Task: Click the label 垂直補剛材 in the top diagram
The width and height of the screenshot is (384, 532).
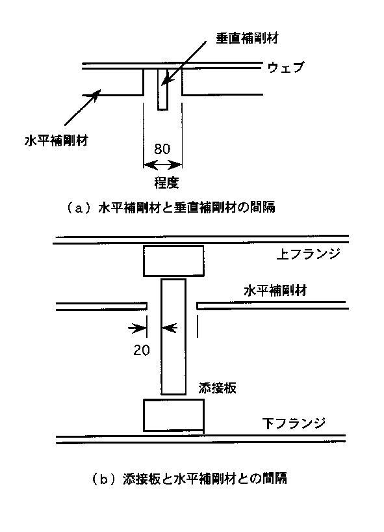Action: pyautogui.click(x=248, y=38)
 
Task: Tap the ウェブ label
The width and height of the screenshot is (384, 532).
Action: pyautogui.click(x=286, y=67)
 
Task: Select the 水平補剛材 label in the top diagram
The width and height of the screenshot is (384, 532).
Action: pyautogui.click(x=57, y=140)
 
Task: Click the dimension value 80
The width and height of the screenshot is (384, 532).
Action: pyautogui.click(x=162, y=149)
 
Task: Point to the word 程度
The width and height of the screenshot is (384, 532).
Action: pyautogui.click(x=166, y=183)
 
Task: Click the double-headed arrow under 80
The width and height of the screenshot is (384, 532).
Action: pyautogui.click(x=162, y=165)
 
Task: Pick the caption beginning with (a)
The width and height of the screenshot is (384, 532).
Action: pyautogui.click(x=170, y=207)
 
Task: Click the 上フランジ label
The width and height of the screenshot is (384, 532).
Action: pyautogui.click(x=308, y=254)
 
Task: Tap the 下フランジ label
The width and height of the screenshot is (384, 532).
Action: pyautogui.click(x=294, y=423)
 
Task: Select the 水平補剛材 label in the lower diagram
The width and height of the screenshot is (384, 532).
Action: pyautogui.click(x=275, y=291)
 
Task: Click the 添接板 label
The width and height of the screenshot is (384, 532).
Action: pyautogui.click(x=218, y=388)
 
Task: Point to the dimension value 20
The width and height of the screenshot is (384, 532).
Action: pyautogui.click(x=142, y=350)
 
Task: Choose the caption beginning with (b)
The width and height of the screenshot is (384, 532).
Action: pyautogui.click(x=190, y=479)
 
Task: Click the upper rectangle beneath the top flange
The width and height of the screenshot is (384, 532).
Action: pyautogui.click(x=173, y=261)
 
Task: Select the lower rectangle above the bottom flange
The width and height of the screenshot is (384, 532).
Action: pyautogui.click(x=174, y=415)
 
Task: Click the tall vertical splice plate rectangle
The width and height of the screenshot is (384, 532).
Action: pyautogui.click(x=173, y=337)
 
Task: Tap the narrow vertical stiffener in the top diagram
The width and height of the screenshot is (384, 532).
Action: pyautogui.click(x=162, y=90)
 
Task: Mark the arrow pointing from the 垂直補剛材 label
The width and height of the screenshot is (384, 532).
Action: pyautogui.click(x=184, y=64)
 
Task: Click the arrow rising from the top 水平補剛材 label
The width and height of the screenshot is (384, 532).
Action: pyautogui.click(x=83, y=107)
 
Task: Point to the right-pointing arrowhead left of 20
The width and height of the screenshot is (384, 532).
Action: pyautogui.click(x=138, y=328)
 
